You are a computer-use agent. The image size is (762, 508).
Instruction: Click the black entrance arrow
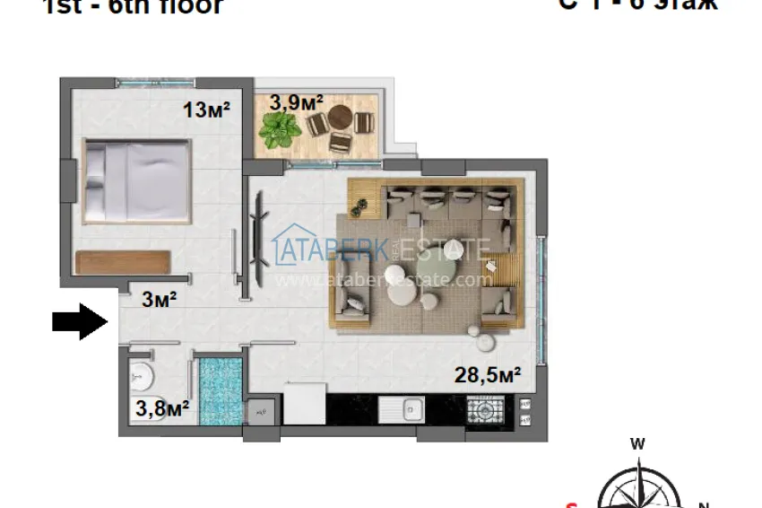coord(79,321)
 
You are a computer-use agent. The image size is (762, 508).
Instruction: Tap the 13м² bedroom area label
coord(207,110)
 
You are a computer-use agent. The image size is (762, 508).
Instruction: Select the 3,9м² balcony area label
coord(296,101)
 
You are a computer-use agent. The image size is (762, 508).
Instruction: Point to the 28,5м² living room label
coord(489,375)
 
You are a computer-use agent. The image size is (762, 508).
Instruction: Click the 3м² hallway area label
coord(159,300)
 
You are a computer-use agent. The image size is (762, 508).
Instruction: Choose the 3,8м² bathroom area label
coord(162,409)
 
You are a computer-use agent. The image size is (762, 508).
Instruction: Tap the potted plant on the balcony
coord(281,131)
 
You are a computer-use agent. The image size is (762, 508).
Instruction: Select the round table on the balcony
coord(340,118)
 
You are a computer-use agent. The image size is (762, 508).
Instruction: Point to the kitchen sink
coord(401,409)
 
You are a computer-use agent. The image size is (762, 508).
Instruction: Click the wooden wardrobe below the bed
coord(123,261)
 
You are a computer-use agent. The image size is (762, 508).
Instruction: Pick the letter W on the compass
coord(637,442)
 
